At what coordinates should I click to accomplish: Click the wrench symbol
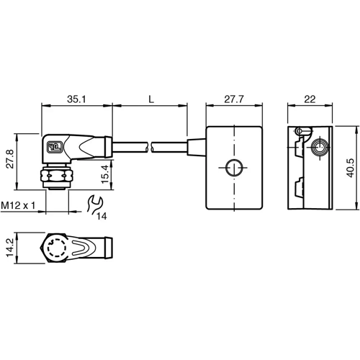point(92,205)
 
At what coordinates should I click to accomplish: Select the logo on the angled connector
point(55,149)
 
